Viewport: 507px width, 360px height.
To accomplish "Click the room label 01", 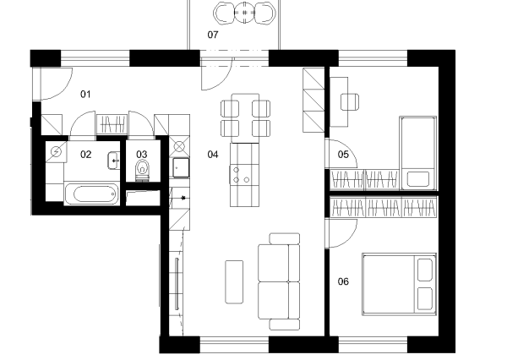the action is tap(85, 94).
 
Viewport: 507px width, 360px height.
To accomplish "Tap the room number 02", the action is tap(85, 155).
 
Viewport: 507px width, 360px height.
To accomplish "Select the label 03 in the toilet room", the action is tap(142, 155).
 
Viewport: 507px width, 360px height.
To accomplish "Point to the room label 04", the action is tap(213, 155).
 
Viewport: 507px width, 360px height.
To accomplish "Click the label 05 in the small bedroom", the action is tap(343, 155).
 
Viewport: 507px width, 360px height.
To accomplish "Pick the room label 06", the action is tap(343, 281).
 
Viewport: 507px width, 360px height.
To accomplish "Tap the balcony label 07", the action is tap(213, 35).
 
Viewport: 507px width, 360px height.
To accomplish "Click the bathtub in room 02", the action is tap(91, 194).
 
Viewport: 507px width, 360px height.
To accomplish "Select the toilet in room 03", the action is tap(142, 170).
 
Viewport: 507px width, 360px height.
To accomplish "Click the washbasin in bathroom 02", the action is tap(113, 161).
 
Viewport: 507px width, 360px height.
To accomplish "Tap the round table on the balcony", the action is tap(244, 13).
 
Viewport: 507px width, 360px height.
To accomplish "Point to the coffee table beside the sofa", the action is tap(234, 282).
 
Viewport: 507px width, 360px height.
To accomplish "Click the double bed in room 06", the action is tap(400, 284).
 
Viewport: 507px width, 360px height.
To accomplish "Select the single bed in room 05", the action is tap(418, 153).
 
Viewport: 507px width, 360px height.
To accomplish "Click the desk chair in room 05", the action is tap(350, 102).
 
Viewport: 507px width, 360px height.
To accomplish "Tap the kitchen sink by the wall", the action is tap(181, 167).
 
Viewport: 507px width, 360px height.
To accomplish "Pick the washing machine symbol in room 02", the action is tap(57, 151).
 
